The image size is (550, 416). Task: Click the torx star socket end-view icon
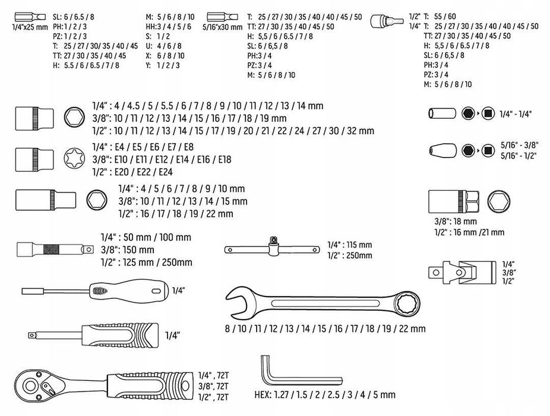(74, 159)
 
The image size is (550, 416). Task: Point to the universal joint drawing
(462, 272)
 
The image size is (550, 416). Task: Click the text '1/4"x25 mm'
(30, 27)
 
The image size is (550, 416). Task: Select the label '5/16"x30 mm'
(222, 27)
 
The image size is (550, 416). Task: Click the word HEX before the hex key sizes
(263, 395)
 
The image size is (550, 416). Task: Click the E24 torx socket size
(166, 172)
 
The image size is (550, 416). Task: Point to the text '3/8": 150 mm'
(128, 250)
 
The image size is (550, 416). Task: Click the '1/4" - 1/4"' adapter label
(516, 114)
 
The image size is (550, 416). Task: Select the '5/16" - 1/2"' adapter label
(519, 156)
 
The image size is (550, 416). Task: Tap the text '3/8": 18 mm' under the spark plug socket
(456, 222)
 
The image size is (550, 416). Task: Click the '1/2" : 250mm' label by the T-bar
(350, 255)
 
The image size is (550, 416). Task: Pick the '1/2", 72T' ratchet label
(213, 397)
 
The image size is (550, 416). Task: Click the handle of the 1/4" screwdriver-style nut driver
(129, 290)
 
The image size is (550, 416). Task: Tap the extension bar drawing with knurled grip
(55, 249)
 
